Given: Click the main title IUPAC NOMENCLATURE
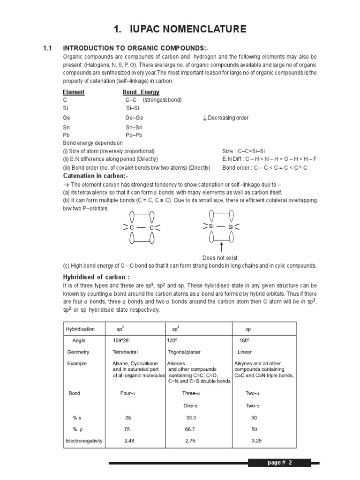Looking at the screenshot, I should (x=180, y=30).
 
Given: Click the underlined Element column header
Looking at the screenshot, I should (x=74, y=92).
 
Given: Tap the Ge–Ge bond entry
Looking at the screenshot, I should (x=134, y=118).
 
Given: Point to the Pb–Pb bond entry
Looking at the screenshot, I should (x=134, y=135).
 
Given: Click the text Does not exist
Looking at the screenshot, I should (x=220, y=258).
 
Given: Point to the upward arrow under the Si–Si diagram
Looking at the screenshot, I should (x=220, y=247).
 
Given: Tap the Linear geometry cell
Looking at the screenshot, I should (x=245, y=352).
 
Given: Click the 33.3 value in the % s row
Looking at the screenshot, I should (x=190, y=417).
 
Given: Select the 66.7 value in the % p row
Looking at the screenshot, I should (x=190, y=429).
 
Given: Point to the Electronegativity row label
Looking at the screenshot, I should (x=84, y=441).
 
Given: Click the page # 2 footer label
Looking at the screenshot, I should (x=279, y=463).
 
